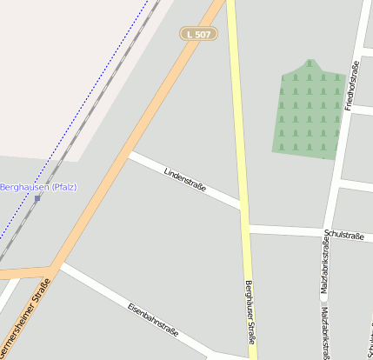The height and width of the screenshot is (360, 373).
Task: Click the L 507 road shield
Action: click(x=198, y=34)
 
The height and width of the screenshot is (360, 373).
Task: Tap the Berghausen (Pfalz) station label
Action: click(x=38, y=187)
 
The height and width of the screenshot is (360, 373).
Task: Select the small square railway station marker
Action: click(x=37, y=198)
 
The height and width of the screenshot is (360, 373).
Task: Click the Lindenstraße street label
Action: click(x=184, y=180)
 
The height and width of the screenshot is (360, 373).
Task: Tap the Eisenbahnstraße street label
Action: click(x=152, y=320)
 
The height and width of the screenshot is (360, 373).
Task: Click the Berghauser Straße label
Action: click(x=250, y=309)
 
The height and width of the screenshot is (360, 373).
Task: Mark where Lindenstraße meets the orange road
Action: click(x=128, y=154)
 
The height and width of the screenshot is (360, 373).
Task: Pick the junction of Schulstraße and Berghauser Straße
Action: click(x=246, y=229)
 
